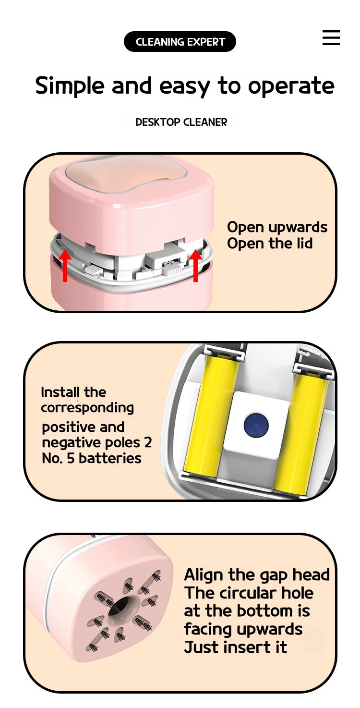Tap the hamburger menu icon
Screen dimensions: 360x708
click(x=331, y=37)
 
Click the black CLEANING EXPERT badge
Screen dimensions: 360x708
click(x=180, y=42)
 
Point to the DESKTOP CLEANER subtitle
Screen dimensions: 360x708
click(x=181, y=122)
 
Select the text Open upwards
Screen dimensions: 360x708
click(x=277, y=227)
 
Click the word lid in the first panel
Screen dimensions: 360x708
click(x=304, y=244)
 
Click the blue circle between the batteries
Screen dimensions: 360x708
click(x=256, y=425)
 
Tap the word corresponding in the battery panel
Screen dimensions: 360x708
click(x=87, y=408)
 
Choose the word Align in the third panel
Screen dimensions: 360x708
click(x=201, y=575)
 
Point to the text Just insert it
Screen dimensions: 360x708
click(x=235, y=647)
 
